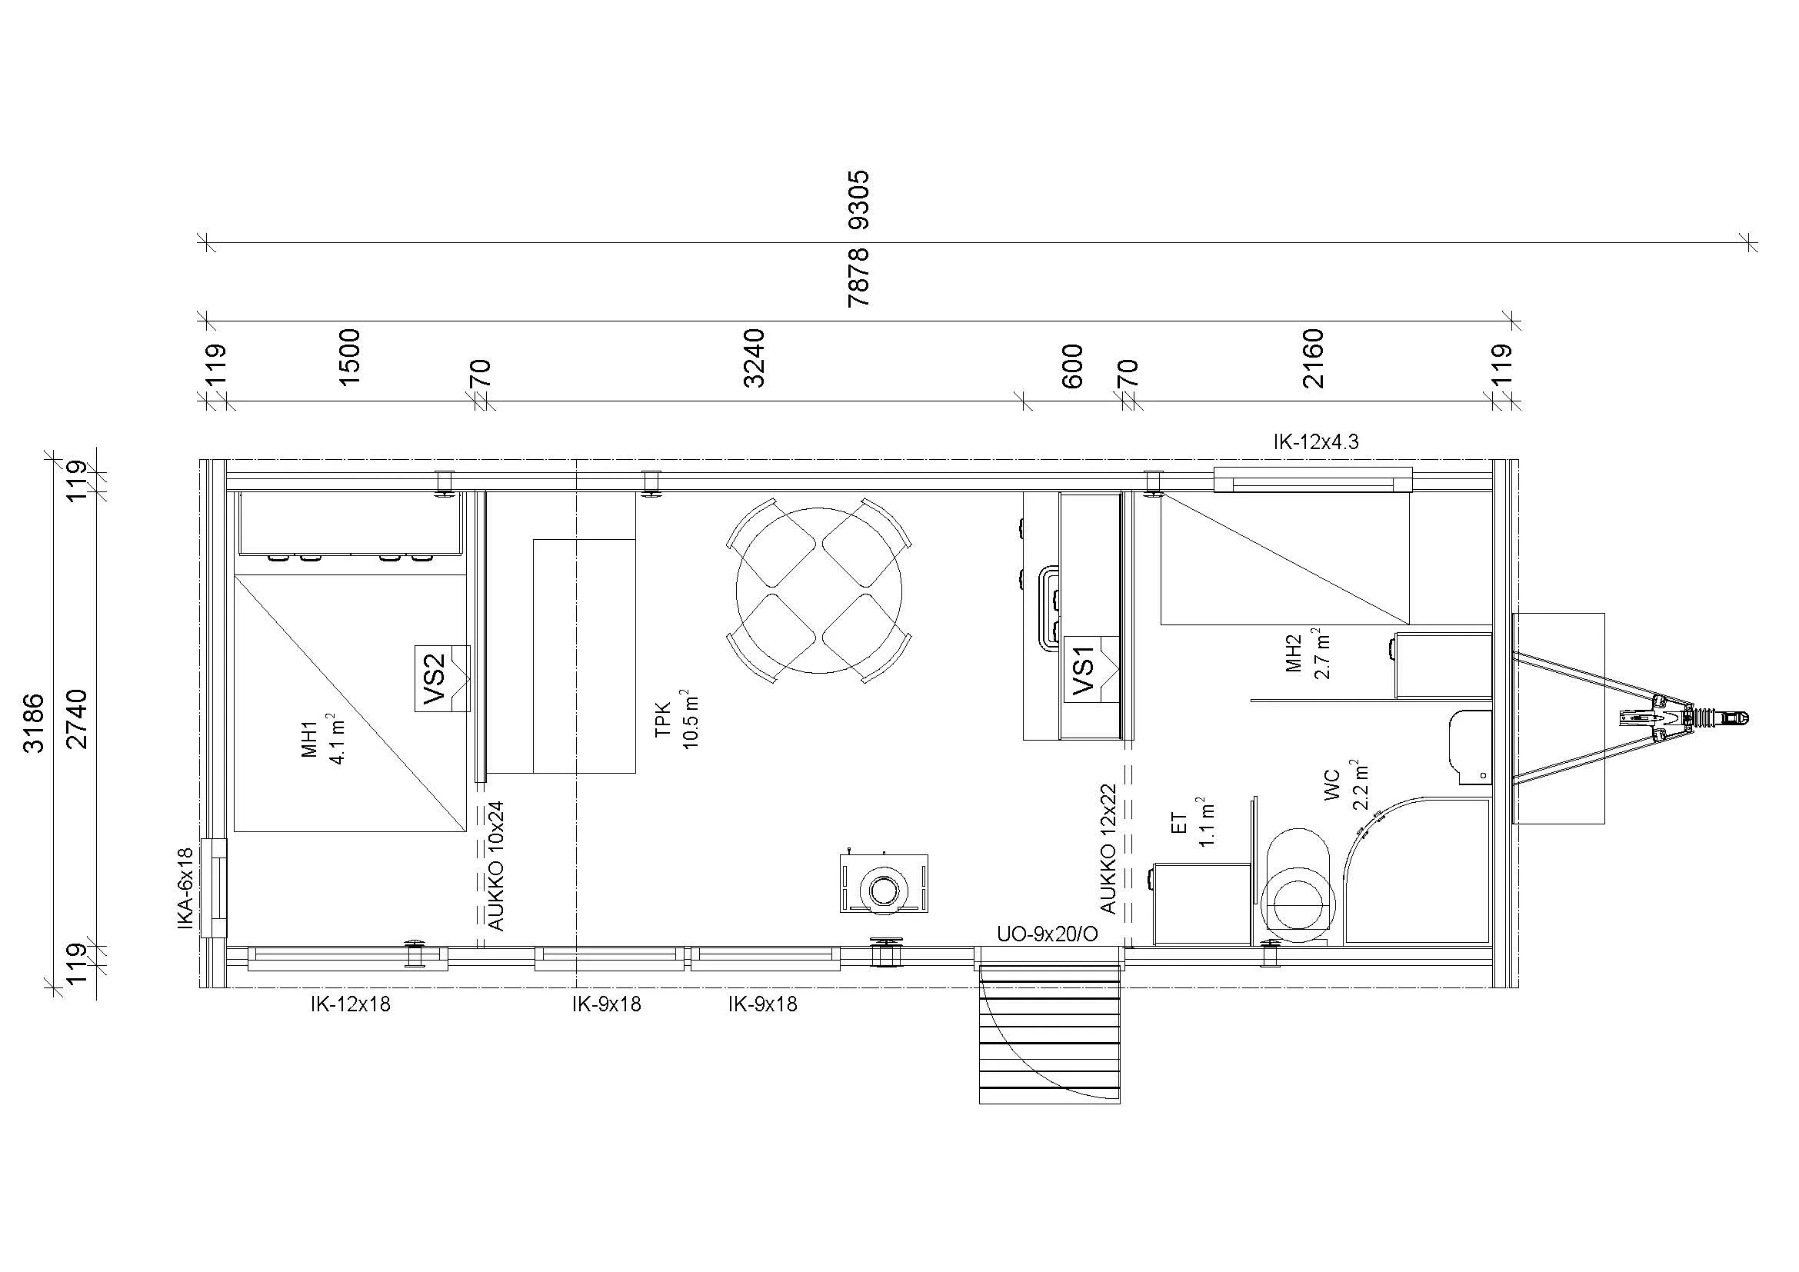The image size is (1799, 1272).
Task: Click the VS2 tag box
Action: pos(442,678)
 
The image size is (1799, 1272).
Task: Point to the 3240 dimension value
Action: pos(754,358)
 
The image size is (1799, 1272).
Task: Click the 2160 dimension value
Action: pos(1312,358)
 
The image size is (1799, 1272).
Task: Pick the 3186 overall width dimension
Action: pos(34,722)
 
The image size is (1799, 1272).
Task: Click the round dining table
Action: pos(819,590)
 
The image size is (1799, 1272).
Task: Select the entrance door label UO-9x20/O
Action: pos(1047,934)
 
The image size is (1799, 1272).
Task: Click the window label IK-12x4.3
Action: pos(1315,442)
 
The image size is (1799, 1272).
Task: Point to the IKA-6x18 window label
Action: pos(185,888)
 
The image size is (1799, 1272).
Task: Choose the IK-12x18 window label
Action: pos(350,1005)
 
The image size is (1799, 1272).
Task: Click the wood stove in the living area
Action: pos(884,883)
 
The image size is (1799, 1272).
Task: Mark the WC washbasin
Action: pos(1468,747)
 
